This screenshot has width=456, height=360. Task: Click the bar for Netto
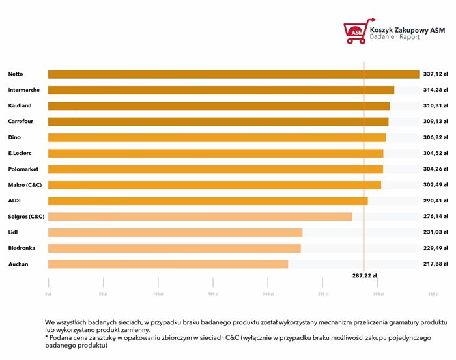[x=233, y=74]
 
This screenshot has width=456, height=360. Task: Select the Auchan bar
[x=167, y=264]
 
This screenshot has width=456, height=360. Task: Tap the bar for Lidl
[x=175, y=232]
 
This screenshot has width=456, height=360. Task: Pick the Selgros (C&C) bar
[x=200, y=217]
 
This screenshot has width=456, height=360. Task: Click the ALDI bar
[x=208, y=201]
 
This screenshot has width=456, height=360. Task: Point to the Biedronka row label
[x=21, y=248]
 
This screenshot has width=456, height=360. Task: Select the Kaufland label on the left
[x=20, y=105]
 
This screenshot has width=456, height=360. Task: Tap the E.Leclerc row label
[x=20, y=154]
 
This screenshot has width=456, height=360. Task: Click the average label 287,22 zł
[x=364, y=275]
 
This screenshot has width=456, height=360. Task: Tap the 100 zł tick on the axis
[x=158, y=294]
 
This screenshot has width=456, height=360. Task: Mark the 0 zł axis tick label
[x=48, y=294]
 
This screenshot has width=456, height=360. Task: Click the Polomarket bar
[x=216, y=169]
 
